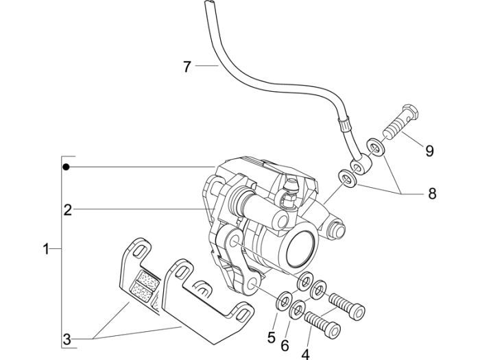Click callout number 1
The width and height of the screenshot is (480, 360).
coord(46,250)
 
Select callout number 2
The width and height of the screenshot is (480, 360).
coord(67,210)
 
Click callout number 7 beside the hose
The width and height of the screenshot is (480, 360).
coord(187,67)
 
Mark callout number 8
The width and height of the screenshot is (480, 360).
coord(431,193)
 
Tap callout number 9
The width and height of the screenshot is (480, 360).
coord(429,151)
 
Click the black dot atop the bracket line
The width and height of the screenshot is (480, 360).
coord(67,167)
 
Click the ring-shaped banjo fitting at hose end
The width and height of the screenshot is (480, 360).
coord(361,165)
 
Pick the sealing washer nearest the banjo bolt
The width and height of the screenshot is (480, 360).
coord(374,145)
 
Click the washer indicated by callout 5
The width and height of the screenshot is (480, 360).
coord(282,300)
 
